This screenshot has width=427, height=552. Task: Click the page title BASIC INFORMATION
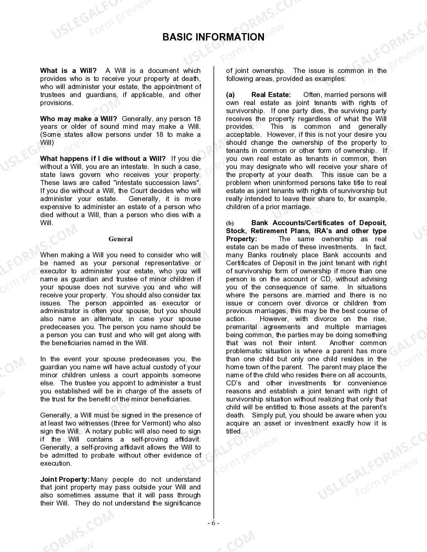tap(213, 37)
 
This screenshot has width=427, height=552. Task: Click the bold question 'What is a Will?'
tap(68, 71)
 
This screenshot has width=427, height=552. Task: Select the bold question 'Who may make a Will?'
tap(78, 119)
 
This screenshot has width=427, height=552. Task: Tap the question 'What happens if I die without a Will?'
tap(103, 159)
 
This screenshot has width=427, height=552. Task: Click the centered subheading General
tap(121, 239)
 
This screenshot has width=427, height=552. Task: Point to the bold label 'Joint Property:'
tap(65, 479)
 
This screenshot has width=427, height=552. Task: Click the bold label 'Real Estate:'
tap(271, 95)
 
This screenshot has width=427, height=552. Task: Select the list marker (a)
tap(230, 95)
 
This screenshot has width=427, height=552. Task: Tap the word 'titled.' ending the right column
tap(234, 431)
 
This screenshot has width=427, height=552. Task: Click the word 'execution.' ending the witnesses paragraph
tap(56, 463)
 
